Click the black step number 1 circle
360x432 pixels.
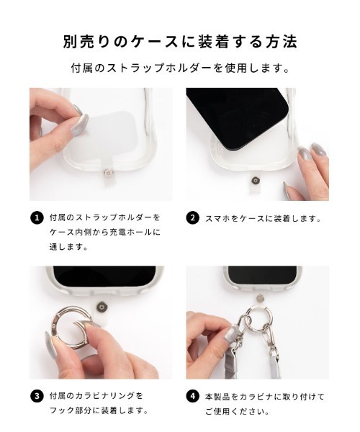(x=37, y=217)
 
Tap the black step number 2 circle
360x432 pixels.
(x=192, y=217)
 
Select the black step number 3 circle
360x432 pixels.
(x=37, y=396)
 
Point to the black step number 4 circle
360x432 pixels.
(x=192, y=396)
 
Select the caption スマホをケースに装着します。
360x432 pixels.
(x=264, y=218)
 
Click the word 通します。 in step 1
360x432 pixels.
(x=69, y=246)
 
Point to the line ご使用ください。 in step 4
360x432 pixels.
(x=238, y=412)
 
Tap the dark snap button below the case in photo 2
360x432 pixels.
(x=256, y=181)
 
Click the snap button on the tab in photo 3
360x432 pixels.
(x=102, y=307)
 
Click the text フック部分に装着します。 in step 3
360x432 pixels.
(x=99, y=411)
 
